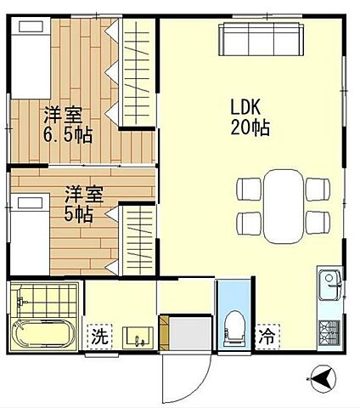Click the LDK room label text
coord(249,108)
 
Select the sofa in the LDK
coord(261,40)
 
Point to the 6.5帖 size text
coord(68,133)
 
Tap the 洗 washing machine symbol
coord(99,336)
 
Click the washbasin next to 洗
coord(137,335)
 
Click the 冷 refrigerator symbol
coord(268,336)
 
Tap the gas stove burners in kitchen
coord(329,331)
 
